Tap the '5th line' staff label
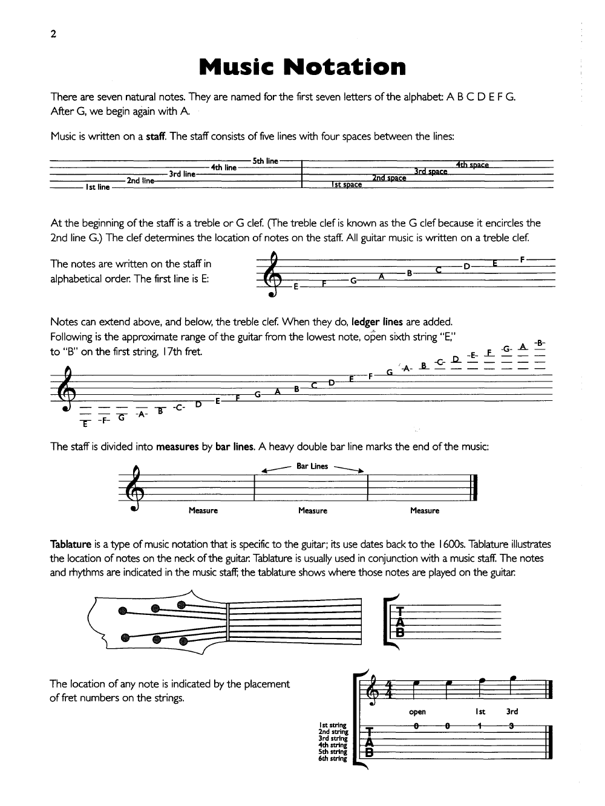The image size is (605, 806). (x=265, y=161)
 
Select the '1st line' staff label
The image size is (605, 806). (x=97, y=187)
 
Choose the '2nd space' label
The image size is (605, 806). (x=389, y=178)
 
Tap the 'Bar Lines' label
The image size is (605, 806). (x=312, y=466)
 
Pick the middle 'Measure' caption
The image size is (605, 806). (x=313, y=511)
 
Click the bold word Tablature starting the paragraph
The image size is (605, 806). (x=71, y=544)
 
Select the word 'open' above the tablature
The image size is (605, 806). (x=417, y=712)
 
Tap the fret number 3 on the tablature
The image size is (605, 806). (x=511, y=726)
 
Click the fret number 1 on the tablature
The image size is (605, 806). (x=479, y=726)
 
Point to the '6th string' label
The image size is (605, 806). (x=333, y=758)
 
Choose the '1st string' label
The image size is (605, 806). (x=333, y=725)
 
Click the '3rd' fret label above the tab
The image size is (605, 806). (x=512, y=712)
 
